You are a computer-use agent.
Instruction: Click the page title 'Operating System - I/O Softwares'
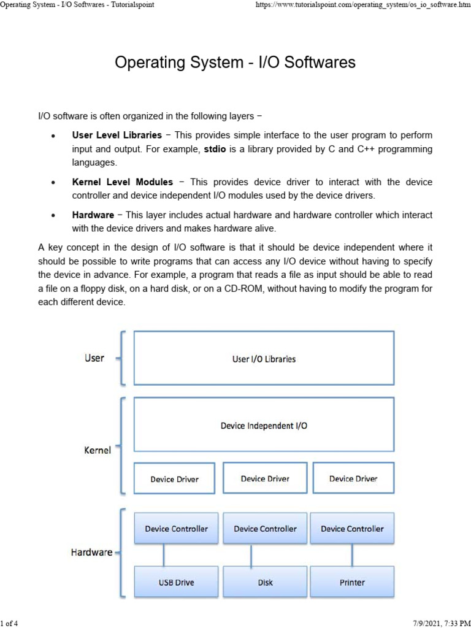click(x=235, y=63)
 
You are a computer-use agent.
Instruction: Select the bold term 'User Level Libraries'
click(x=117, y=135)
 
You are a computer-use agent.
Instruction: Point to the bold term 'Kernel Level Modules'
click(x=122, y=182)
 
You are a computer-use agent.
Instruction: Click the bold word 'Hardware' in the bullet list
click(x=93, y=215)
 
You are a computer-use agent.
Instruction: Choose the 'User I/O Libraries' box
click(x=264, y=359)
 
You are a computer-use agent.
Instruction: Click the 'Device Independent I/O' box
click(x=264, y=425)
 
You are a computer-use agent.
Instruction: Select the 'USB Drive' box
click(x=176, y=582)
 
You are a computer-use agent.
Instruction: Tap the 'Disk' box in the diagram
click(x=265, y=582)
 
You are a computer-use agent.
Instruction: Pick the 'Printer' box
click(x=352, y=582)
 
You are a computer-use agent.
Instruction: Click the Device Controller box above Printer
click(x=352, y=529)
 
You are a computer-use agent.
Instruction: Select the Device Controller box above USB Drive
click(x=176, y=529)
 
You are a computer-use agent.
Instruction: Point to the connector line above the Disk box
click(x=251, y=555)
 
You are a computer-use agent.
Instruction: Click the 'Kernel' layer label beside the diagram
click(x=97, y=450)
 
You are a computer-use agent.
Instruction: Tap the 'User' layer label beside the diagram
click(x=94, y=358)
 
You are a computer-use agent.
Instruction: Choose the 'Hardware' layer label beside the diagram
click(x=91, y=552)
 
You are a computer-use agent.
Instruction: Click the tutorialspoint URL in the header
click(x=362, y=5)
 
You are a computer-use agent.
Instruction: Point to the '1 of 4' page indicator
click(x=10, y=624)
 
